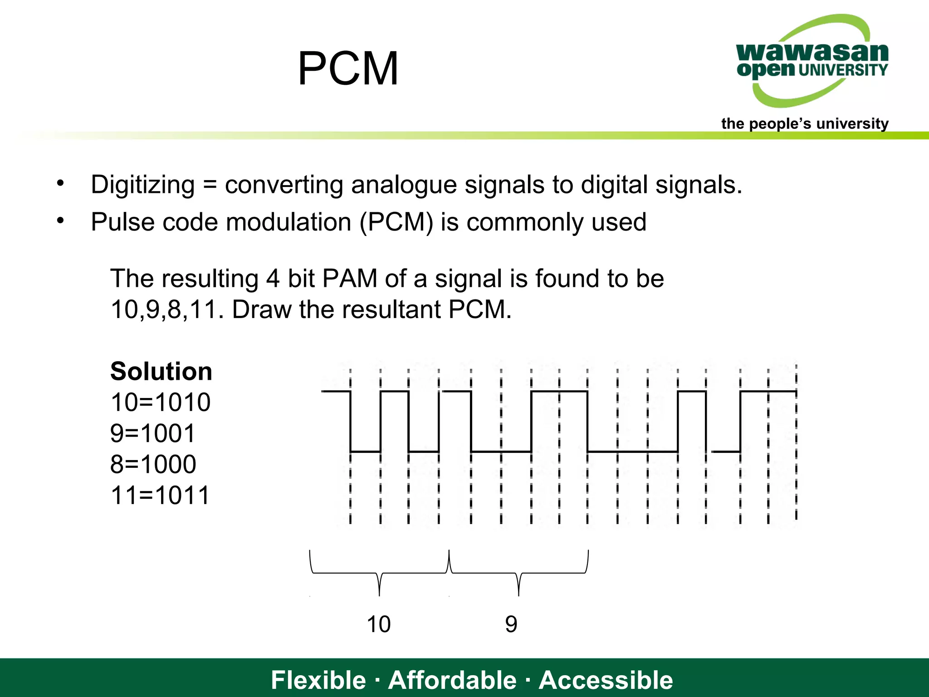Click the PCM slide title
pyautogui.click(x=348, y=69)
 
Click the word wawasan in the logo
pyautogui.click(x=812, y=52)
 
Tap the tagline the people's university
pyautogui.click(x=805, y=123)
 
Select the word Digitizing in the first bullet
pyautogui.click(x=143, y=185)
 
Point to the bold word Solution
pyautogui.click(x=161, y=371)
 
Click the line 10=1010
pyautogui.click(x=161, y=402)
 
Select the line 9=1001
pyautogui.click(x=153, y=433)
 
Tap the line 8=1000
pyautogui.click(x=153, y=464)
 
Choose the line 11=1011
pyautogui.click(x=161, y=495)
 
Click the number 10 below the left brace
pyautogui.click(x=378, y=624)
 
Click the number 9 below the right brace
pyautogui.click(x=511, y=624)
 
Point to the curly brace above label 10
pyautogui.click(x=379, y=573)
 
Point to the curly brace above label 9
pyautogui.click(x=518, y=573)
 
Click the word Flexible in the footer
pyautogui.click(x=318, y=680)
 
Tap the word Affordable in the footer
pyautogui.click(x=452, y=680)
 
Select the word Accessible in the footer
pyautogui.click(x=606, y=680)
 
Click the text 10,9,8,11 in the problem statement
pyautogui.click(x=166, y=310)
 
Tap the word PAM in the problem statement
pyautogui.click(x=349, y=279)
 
